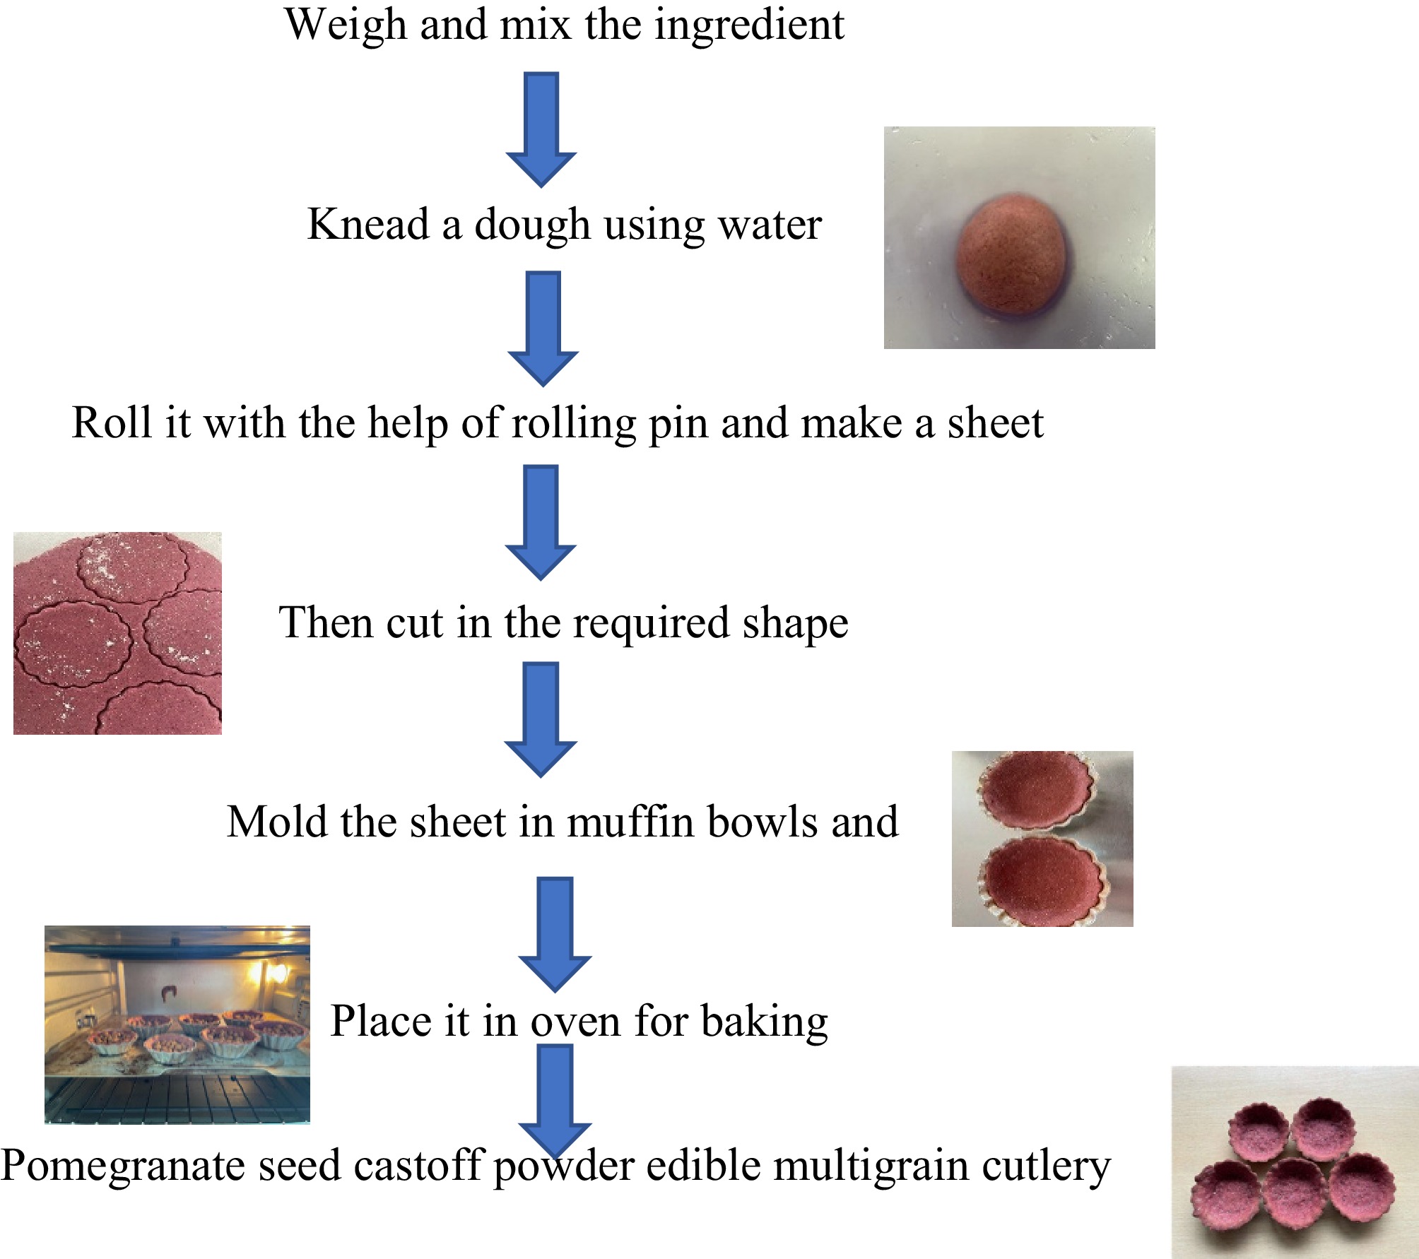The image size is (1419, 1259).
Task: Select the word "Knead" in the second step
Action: click(x=368, y=224)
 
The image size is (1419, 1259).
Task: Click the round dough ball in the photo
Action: click(x=1011, y=253)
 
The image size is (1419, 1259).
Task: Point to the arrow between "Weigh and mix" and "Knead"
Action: click(x=541, y=129)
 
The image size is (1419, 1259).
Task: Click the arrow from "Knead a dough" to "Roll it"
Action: click(x=543, y=329)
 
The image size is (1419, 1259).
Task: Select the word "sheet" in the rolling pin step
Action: click(x=995, y=424)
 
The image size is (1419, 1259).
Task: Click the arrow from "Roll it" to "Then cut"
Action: click(x=541, y=522)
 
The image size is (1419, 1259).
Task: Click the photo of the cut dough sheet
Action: click(x=117, y=633)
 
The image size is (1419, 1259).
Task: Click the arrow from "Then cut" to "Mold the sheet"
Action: click(x=541, y=720)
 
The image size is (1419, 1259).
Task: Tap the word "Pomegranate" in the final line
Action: click(x=123, y=1168)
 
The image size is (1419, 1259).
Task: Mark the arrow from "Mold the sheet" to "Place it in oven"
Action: click(x=555, y=935)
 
